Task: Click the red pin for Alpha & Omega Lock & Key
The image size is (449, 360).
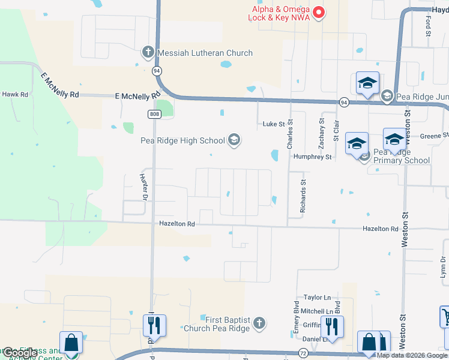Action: (x=319, y=11)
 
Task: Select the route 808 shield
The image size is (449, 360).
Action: (x=155, y=113)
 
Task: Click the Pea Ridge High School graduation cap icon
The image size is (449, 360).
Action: (x=234, y=141)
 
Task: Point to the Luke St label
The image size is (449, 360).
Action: (x=273, y=124)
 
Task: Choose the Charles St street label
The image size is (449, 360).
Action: (x=290, y=135)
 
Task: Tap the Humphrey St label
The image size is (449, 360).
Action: (x=312, y=157)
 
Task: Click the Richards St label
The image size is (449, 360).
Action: (x=303, y=198)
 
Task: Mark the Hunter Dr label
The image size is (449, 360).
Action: (x=144, y=187)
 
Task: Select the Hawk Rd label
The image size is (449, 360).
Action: (x=15, y=94)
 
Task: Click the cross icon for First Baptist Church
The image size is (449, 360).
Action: (x=259, y=323)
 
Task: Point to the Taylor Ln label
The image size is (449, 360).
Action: (x=317, y=298)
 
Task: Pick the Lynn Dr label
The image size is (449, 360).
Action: (x=444, y=268)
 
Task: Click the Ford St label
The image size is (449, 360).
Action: (x=429, y=25)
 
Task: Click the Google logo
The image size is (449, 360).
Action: (x=19, y=353)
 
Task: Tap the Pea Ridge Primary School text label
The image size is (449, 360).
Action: (x=401, y=156)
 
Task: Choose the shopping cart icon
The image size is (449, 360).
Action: (x=445, y=316)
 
